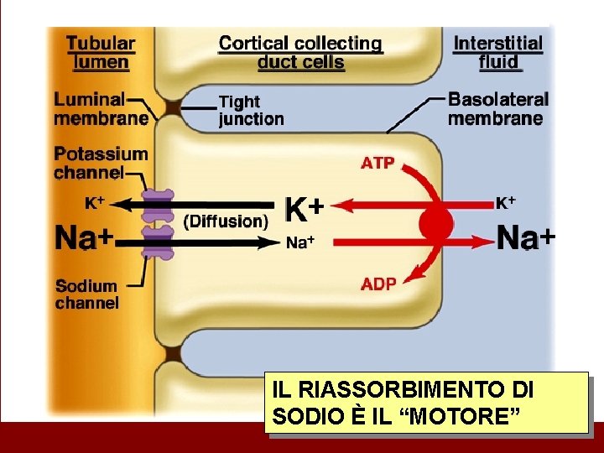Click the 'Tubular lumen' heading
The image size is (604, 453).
[x=101, y=51]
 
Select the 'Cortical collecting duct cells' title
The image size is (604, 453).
[x=300, y=52]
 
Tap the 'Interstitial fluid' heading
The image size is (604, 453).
[x=498, y=52]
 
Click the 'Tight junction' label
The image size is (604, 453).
[x=251, y=110]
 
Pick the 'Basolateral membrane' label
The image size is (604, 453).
[x=497, y=109]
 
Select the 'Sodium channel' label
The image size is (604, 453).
[x=87, y=294]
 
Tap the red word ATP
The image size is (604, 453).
[x=377, y=163]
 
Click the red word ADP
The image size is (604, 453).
[x=378, y=284]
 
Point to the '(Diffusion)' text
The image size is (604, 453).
[x=226, y=221]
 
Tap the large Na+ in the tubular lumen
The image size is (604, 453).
[x=84, y=238]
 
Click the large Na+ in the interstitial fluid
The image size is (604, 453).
[x=525, y=238]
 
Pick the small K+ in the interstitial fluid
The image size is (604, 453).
[x=505, y=202]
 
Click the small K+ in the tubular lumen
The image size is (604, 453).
[x=94, y=202]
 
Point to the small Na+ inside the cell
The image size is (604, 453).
[x=299, y=243]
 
